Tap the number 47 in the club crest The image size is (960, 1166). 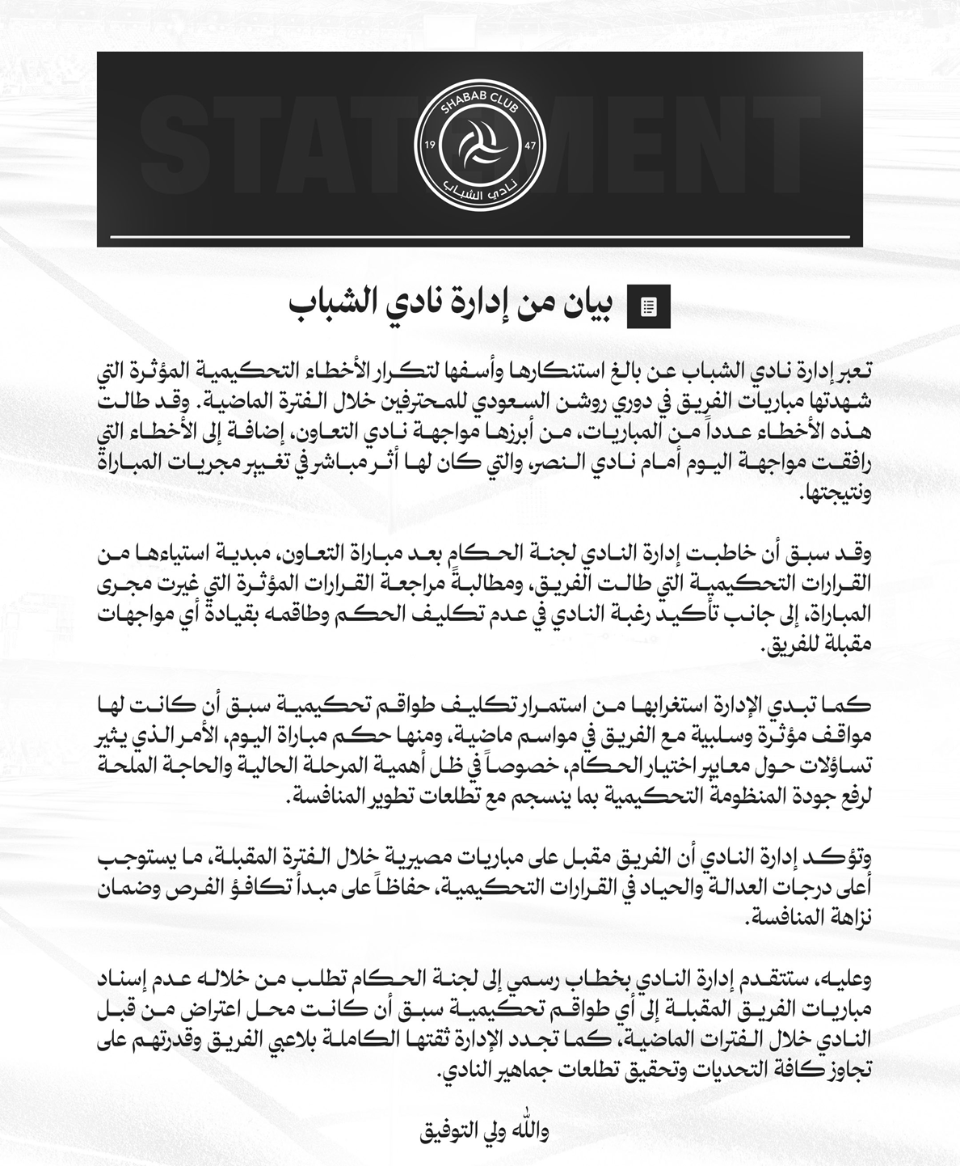tap(530, 145)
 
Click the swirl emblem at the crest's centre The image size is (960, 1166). tap(480, 145)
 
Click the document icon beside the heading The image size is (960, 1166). tap(648, 306)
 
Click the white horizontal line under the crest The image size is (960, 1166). tap(480, 237)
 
